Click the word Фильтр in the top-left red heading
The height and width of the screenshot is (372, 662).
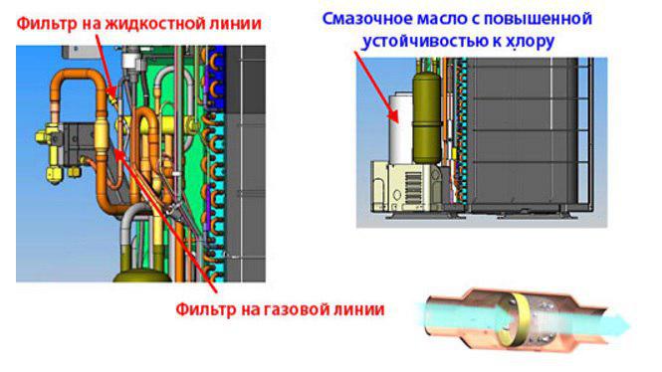click(x=47, y=23)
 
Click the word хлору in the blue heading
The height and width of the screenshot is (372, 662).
click(x=530, y=42)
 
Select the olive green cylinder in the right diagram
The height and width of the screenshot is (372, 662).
click(x=427, y=117)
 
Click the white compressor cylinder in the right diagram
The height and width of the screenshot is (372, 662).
click(x=400, y=128)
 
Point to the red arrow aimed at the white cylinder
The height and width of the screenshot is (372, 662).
click(x=375, y=87)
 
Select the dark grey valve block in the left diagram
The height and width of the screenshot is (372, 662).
click(x=78, y=143)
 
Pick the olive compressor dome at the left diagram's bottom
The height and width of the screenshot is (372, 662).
click(x=141, y=276)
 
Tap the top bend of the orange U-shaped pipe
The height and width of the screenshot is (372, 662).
click(x=77, y=76)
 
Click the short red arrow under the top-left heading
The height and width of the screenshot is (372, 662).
click(x=105, y=67)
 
